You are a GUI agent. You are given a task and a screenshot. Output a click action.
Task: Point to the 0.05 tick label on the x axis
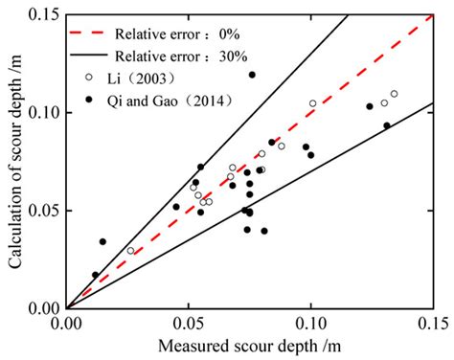(x=189, y=324)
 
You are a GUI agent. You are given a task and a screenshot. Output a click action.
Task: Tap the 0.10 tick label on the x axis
(x=310, y=324)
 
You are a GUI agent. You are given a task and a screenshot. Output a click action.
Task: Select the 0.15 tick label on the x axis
(x=432, y=324)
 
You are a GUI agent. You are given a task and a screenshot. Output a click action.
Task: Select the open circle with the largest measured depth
(x=394, y=94)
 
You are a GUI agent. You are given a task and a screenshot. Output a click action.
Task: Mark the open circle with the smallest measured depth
(x=131, y=251)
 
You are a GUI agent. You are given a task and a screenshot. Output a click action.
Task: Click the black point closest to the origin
(x=95, y=275)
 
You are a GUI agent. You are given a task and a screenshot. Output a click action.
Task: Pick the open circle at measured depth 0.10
(x=312, y=103)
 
